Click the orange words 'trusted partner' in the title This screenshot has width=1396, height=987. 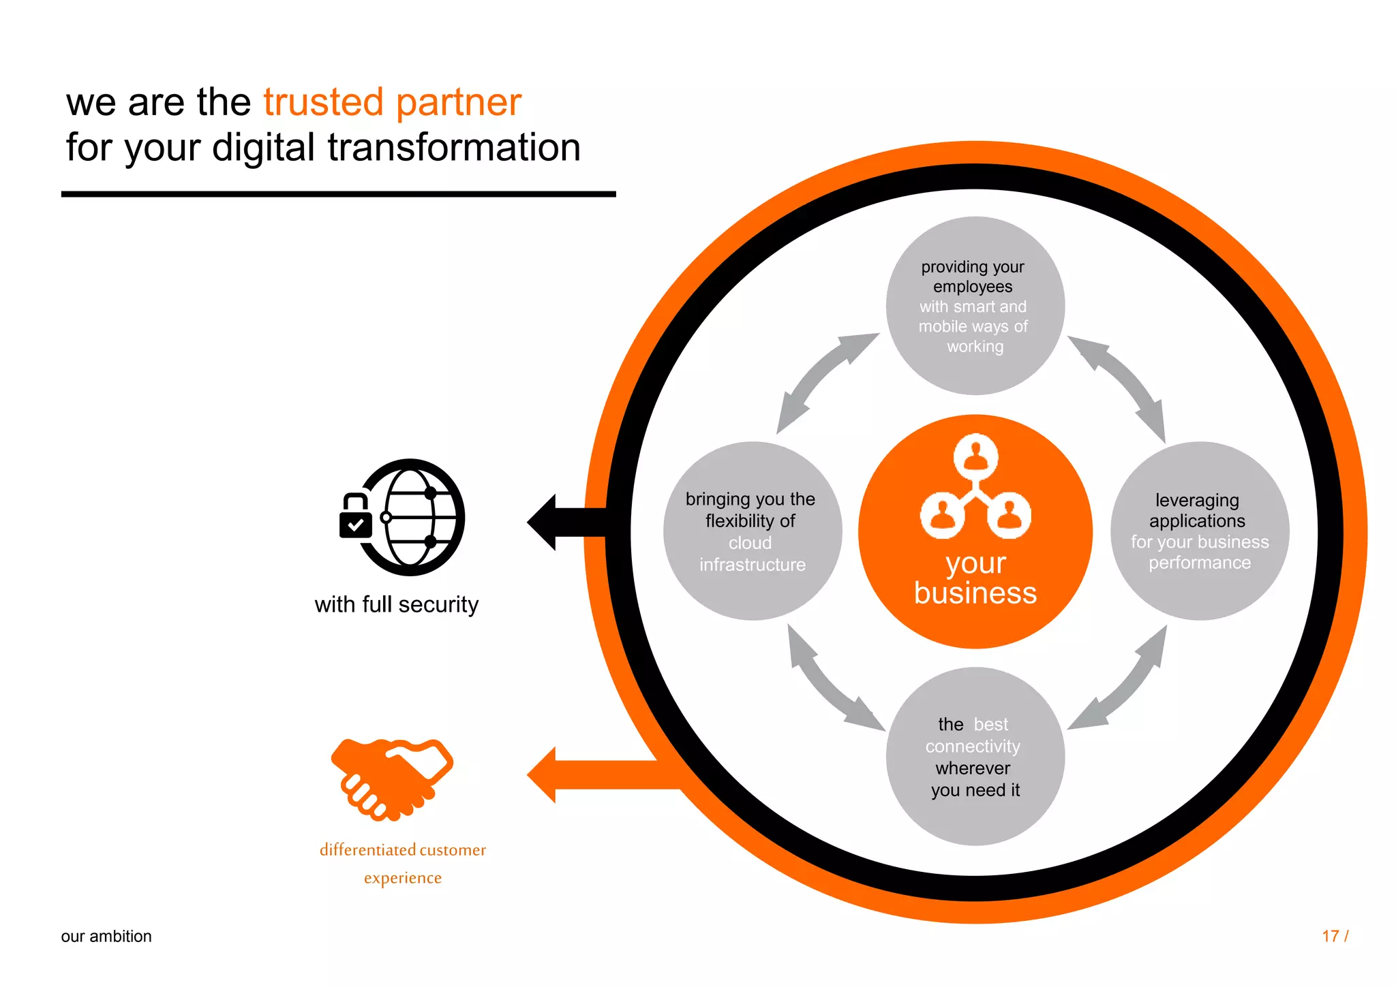(x=392, y=103)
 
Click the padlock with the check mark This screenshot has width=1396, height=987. (x=355, y=518)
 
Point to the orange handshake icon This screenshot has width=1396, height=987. (x=392, y=779)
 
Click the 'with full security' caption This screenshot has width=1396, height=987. (x=396, y=605)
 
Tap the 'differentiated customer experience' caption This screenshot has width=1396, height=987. (x=403, y=864)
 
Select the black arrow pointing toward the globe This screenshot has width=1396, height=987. (x=566, y=522)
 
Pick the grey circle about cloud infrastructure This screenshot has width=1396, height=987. (x=753, y=531)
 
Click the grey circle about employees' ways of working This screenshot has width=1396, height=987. (x=975, y=306)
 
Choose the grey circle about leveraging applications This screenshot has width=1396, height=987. (x=1200, y=531)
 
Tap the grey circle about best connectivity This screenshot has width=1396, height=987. (x=975, y=757)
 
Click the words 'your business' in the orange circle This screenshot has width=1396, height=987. (x=975, y=579)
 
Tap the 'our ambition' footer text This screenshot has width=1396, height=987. (x=106, y=937)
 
